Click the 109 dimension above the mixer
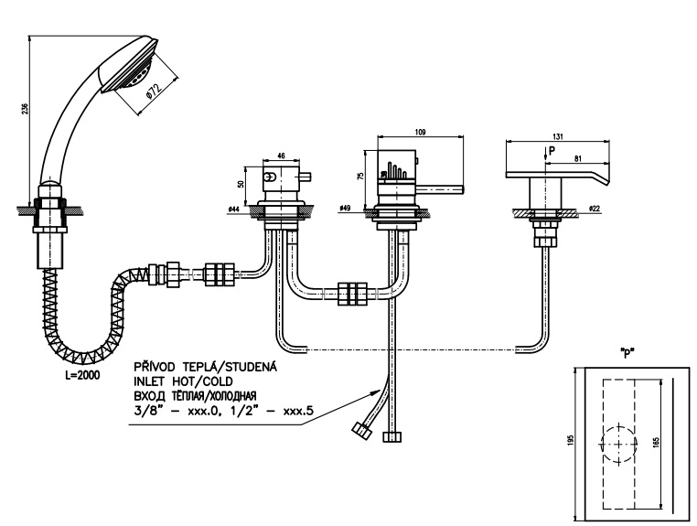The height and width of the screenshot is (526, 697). pyautogui.click(x=420, y=133)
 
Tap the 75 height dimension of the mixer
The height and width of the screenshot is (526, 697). pyautogui.click(x=360, y=175)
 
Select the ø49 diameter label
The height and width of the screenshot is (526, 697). pyautogui.click(x=346, y=209)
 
